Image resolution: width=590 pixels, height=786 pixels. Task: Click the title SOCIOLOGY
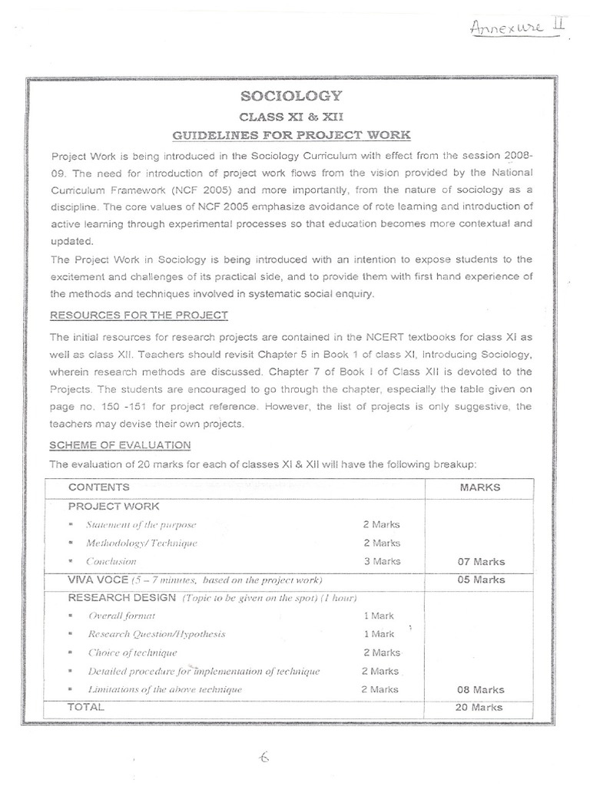291,96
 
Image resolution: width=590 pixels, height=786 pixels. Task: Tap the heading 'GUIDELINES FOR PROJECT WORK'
291,136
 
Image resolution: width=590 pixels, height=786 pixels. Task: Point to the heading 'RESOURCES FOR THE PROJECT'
138,315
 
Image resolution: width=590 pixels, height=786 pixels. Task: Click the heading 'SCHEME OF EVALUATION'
120,445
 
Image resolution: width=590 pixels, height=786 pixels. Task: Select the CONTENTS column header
99,487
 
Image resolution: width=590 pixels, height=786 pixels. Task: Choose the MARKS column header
480,487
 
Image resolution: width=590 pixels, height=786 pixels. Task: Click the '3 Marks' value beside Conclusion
382,561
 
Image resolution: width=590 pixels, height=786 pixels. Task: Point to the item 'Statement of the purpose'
141,525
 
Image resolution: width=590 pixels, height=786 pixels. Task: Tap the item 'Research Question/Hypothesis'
157,635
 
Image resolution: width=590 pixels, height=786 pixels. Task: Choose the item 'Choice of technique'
132,653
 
